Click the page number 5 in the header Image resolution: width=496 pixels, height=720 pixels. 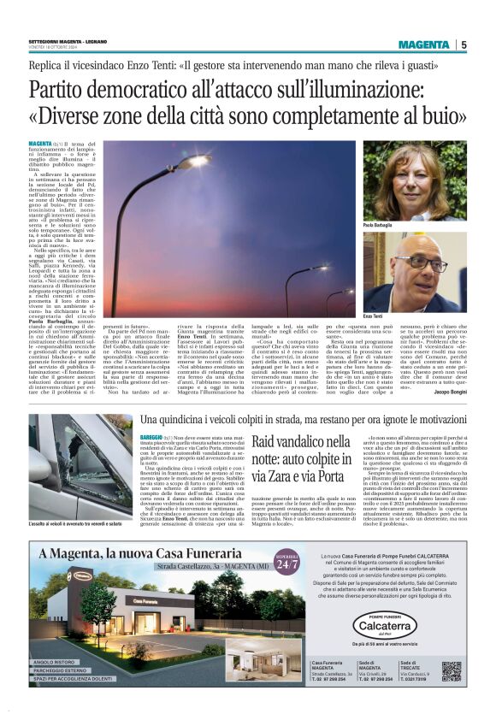click(x=464, y=44)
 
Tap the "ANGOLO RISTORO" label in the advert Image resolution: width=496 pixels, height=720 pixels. click(x=55, y=663)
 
